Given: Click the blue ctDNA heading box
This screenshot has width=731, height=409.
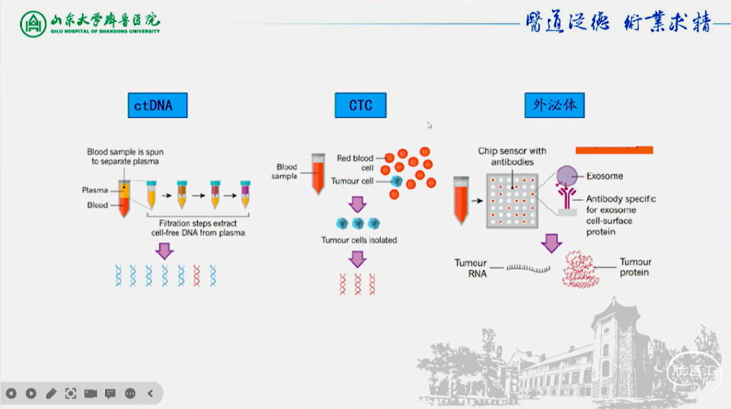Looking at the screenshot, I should (x=158, y=106).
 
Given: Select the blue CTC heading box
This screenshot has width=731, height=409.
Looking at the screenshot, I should (x=360, y=106).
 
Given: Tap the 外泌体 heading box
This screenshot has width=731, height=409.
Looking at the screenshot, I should (x=554, y=106).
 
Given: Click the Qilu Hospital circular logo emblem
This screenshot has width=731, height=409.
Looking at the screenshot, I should (x=33, y=23).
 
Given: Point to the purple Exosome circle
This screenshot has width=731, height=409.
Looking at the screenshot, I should (x=567, y=176).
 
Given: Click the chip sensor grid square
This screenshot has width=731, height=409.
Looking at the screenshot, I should (x=512, y=201).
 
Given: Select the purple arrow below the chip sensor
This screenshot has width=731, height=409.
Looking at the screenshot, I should (x=551, y=242).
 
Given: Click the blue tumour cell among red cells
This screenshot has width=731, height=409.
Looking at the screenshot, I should (x=396, y=181).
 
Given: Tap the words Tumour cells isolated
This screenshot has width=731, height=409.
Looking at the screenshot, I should (x=359, y=240).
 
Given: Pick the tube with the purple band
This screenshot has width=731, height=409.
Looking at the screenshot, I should (x=245, y=194).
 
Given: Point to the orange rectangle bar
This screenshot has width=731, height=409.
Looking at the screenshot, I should (x=614, y=150).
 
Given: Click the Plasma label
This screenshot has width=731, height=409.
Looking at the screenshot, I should (x=95, y=191).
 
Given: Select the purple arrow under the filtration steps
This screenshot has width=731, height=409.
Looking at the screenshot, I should (x=164, y=250).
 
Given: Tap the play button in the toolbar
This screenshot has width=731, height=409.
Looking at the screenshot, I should (x=31, y=393).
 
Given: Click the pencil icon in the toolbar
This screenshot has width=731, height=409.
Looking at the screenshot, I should (x=51, y=393).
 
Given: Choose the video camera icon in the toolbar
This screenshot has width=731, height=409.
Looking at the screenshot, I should (x=90, y=393).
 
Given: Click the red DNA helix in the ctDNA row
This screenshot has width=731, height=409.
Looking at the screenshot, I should (x=197, y=275).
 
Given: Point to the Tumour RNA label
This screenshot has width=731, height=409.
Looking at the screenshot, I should (x=471, y=268).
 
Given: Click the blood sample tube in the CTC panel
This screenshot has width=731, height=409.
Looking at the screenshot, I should (x=318, y=173).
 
